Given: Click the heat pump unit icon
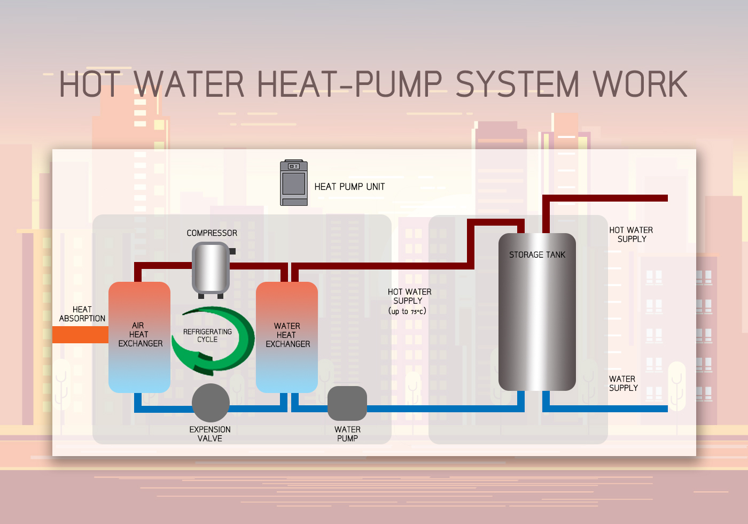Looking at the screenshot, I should point(294,183).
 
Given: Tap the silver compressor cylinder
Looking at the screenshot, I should point(211,267).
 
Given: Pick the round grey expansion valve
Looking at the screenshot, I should point(211,403).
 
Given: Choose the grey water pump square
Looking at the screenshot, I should point(347,403).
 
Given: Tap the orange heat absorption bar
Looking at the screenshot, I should point(80,335).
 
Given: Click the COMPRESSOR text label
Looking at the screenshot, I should point(212,233).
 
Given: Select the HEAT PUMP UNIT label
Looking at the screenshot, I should point(349,187).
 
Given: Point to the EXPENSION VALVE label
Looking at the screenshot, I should point(210,434).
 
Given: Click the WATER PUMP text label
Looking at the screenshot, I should point(347,434).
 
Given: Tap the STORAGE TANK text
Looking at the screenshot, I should point(537,255).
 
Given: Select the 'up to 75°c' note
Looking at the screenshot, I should point(407,311).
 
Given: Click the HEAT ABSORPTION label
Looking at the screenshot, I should point(82,314).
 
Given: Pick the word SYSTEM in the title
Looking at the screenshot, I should point(517,84).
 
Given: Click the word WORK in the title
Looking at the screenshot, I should point(640,84).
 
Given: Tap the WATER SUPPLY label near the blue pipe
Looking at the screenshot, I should point(623,383).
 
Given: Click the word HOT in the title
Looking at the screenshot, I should point(90,84).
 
